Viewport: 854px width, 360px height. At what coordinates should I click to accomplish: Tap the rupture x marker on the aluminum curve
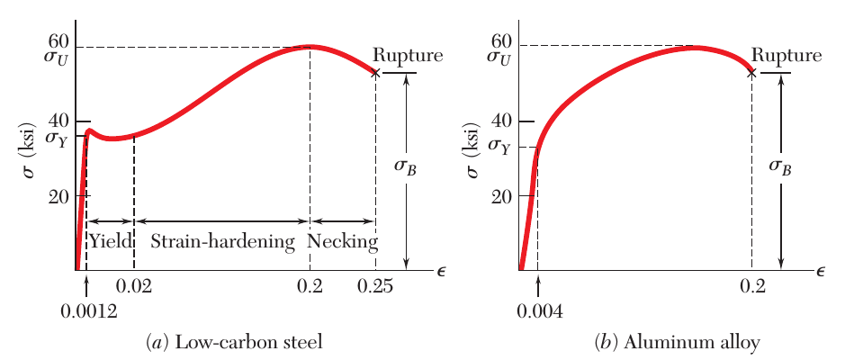[x=751, y=71]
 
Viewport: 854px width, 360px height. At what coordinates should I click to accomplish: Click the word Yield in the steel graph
[x=111, y=241]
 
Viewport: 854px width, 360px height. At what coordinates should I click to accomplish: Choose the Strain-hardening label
[x=222, y=241]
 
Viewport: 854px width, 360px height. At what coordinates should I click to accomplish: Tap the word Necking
[x=342, y=241]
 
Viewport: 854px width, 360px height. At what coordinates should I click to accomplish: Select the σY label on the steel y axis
[x=56, y=139]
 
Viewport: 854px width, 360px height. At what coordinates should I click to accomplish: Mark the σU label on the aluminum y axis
[x=499, y=58]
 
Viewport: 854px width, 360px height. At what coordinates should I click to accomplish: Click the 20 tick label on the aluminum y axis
[x=502, y=195]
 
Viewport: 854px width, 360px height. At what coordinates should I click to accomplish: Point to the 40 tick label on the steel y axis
[x=58, y=121]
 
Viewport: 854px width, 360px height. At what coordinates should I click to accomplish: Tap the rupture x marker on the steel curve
[x=376, y=73]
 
